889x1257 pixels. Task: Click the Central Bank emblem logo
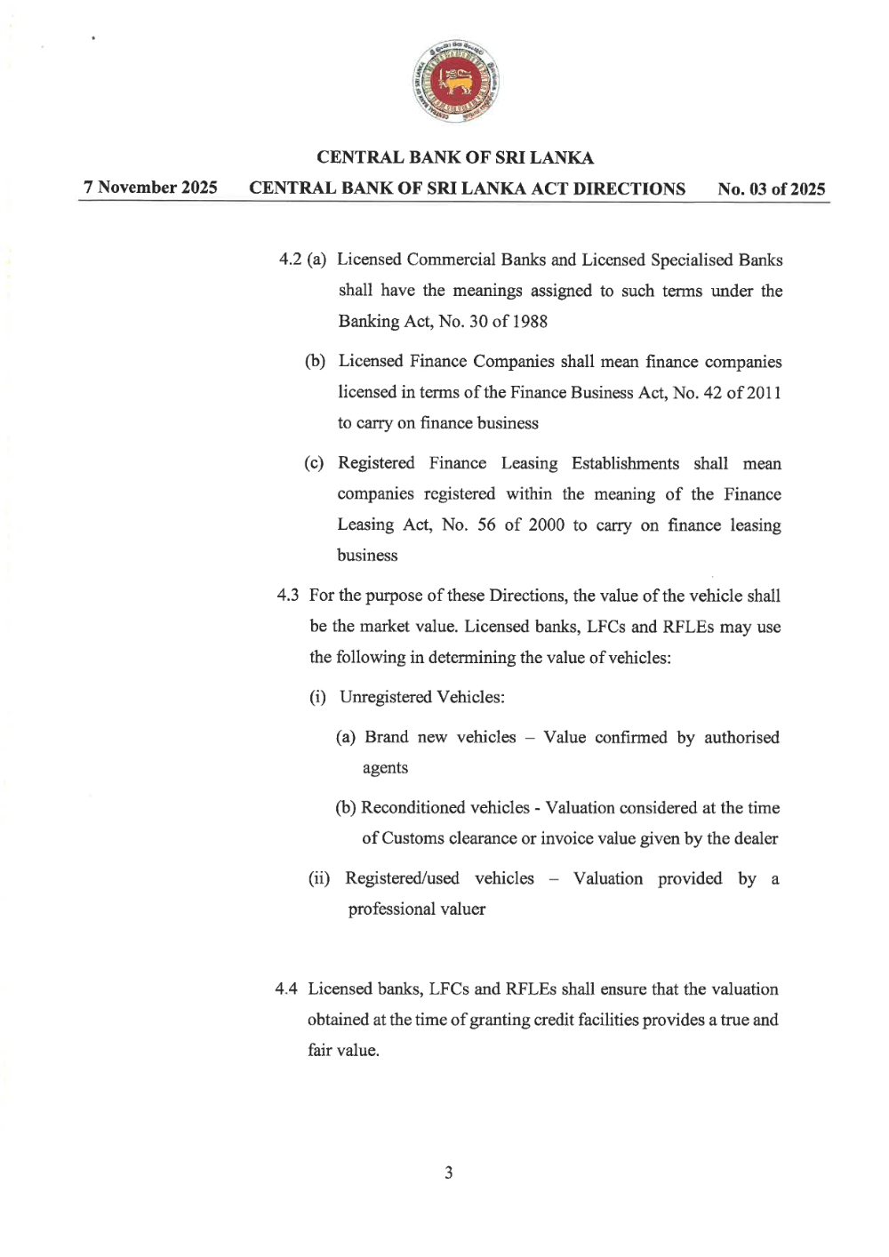[455, 81]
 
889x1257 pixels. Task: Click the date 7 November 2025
[150, 188]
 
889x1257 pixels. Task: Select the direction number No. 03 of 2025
[771, 189]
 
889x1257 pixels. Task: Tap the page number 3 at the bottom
[448, 1173]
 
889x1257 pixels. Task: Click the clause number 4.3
[287, 596]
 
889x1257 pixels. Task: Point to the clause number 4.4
[286, 989]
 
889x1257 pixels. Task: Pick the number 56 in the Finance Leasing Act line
[486, 524]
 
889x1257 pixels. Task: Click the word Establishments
[625, 463]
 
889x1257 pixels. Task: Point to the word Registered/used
[402, 878]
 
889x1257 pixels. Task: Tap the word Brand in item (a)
[386, 737]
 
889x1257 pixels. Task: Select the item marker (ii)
[318, 878]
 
